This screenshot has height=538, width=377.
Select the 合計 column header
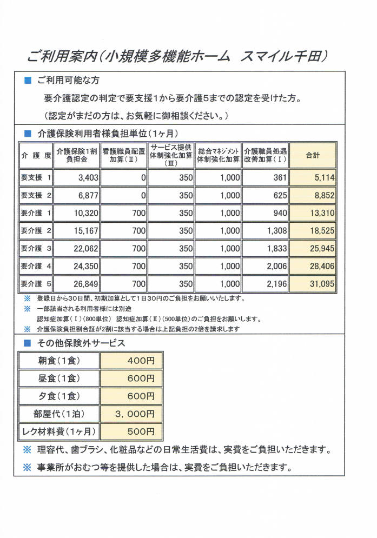[313, 155]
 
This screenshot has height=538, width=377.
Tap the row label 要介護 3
[36, 248]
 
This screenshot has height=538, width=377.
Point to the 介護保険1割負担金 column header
[77, 155]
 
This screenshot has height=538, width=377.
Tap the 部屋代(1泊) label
[59, 414]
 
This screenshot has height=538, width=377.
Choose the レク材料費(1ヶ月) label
[59, 431]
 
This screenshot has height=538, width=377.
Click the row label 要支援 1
[36, 177]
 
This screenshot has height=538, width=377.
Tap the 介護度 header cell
[36, 155]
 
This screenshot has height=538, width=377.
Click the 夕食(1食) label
[59, 396]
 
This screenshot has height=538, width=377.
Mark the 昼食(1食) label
[59, 378]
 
